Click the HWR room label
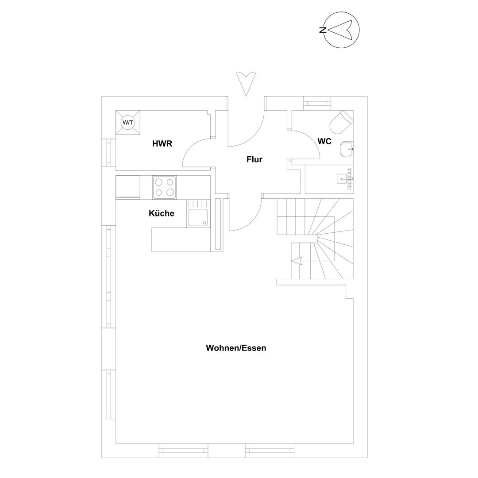point(162,143)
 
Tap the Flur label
point(254,159)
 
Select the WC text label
point(324,142)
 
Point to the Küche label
point(161,213)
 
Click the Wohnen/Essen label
point(236,348)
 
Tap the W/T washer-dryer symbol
point(128,123)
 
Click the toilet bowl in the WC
point(340,123)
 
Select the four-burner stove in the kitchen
point(164,188)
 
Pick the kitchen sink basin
point(198,217)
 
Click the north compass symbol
point(341,30)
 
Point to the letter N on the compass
point(323,30)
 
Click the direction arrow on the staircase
point(297,261)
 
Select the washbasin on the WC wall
point(346,149)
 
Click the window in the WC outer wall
point(317,103)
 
